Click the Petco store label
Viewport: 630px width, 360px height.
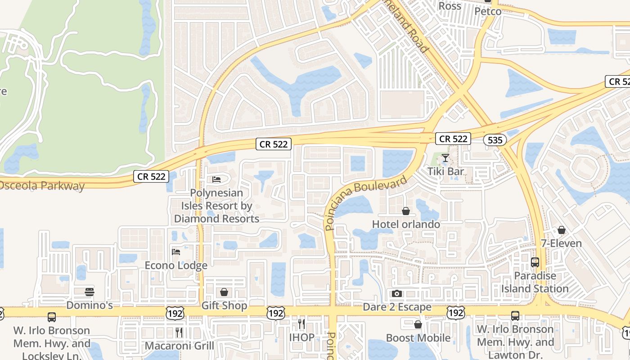pyautogui.click(x=488, y=11)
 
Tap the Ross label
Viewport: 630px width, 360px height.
pyautogui.click(x=450, y=6)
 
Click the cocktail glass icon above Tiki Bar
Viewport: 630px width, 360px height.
pyautogui.click(x=445, y=158)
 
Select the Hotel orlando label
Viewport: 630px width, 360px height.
pyautogui.click(x=406, y=224)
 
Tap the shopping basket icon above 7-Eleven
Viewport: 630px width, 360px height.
pyautogui.click(x=561, y=230)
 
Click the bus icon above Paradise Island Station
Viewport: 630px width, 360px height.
pyautogui.click(x=535, y=262)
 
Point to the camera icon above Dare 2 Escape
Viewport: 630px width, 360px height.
pyautogui.click(x=396, y=294)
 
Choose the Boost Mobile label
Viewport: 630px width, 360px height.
pyautogui.click(x=418, y=338)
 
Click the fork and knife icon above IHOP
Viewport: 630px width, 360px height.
pyautogui.click(x=301, y=324)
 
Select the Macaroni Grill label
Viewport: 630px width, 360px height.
pyautogui.click(x=179, y=346)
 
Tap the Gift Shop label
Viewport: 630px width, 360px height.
pyautogui.click(x=224, y=306)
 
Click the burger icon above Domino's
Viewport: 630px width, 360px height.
pyautogui.click(x=90, y=292)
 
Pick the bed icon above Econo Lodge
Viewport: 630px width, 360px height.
pyautogui.click(x=176, y=252)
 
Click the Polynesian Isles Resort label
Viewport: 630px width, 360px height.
pyautogui.click(x=216, y=206)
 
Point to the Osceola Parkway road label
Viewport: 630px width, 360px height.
pyautogui.click(x=42, y=186)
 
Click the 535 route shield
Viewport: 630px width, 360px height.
pyautogui.click(x=495, y=140)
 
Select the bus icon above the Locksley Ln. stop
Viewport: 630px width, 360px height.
pyautogui.click(x=52, y=317)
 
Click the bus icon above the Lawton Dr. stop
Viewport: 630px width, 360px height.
pyautogui.click(x=515, y=316)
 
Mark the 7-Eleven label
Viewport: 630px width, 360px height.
pyautogui.click(x=561, y=243)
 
